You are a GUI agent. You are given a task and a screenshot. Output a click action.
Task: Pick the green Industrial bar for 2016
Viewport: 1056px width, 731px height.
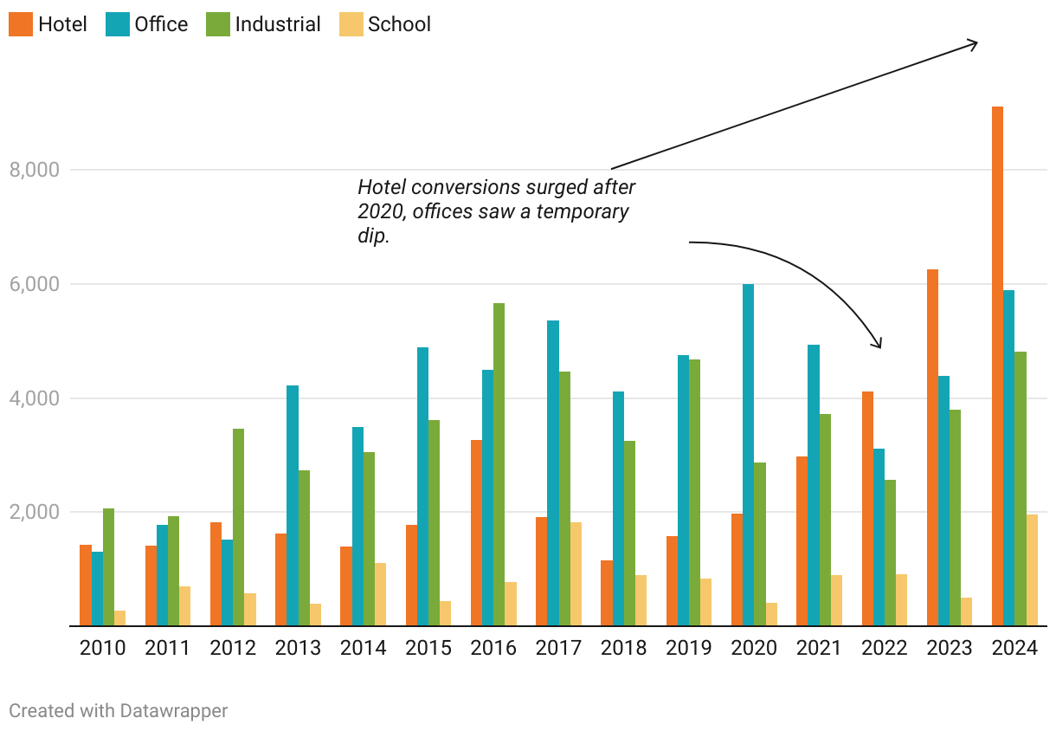(499, 464)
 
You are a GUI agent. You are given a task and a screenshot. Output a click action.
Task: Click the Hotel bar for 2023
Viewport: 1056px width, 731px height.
(932, 447)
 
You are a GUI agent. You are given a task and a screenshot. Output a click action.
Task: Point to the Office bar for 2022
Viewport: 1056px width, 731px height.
(879, 537)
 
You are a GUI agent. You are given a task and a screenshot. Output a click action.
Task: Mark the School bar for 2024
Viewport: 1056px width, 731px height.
(1032, 570)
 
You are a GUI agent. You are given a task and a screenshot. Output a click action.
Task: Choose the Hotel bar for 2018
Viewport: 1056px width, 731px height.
(607, 592)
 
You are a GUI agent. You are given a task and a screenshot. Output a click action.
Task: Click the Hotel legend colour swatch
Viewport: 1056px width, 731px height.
(20, 24)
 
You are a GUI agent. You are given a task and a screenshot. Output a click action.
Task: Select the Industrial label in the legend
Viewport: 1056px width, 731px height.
(277, 24)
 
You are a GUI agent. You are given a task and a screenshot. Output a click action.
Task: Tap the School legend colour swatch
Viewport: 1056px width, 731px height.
(351, 24)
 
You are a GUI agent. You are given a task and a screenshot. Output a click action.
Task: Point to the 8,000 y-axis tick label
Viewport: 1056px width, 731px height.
(34, 171)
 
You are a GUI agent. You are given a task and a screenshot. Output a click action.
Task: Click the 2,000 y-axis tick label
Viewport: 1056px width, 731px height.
(34, 513)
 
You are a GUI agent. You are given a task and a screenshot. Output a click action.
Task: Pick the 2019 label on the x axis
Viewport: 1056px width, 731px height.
(689, 648)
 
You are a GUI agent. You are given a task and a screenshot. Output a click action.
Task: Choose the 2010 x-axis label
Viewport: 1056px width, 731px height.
(102, 648)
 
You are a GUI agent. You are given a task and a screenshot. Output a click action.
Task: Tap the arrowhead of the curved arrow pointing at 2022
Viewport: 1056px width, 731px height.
(879, 346)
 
